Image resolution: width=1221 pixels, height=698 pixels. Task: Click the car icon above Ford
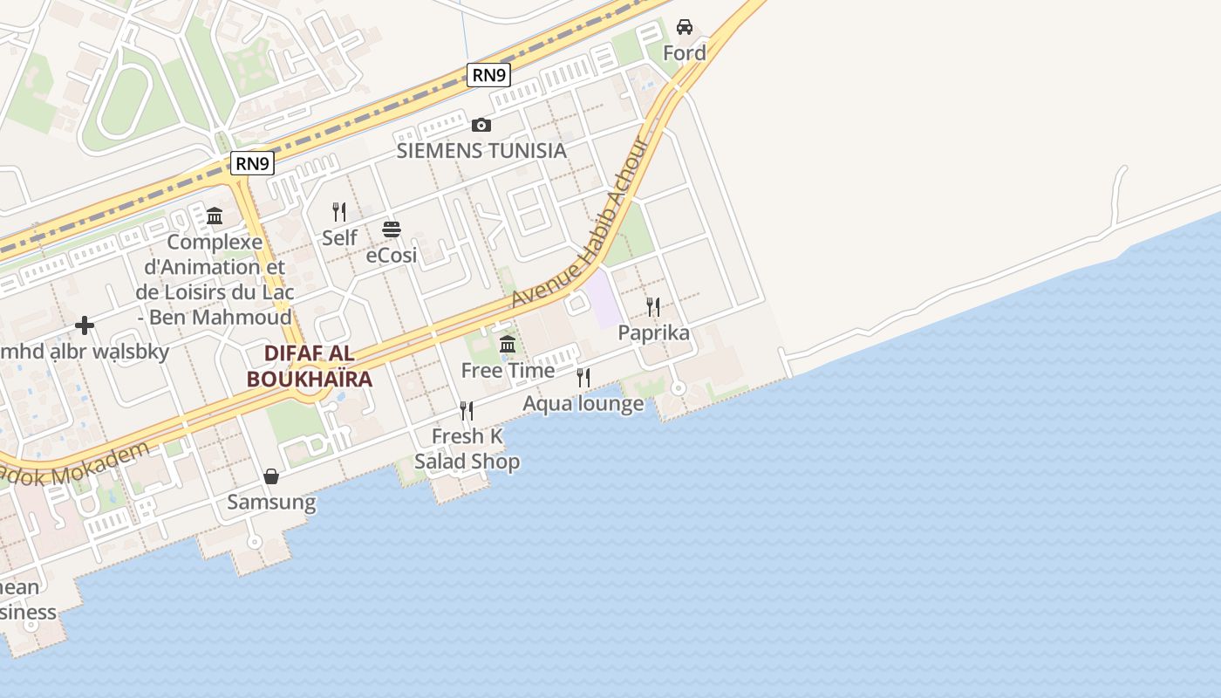(x=685, y=27)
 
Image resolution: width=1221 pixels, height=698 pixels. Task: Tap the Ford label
(x=685, y=53)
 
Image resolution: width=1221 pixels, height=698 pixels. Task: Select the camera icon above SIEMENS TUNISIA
(x=481, y=126)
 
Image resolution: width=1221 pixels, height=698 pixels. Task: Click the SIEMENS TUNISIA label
(x=481, y=150)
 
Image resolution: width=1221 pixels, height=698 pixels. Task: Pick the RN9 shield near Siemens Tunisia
(x=488, y=75)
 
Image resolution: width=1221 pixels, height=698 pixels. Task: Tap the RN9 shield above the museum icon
(x=253, y=163)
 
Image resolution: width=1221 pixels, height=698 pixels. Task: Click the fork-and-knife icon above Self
(x=339, y=211)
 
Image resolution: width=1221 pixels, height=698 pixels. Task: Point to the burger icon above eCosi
(x=391, y=229)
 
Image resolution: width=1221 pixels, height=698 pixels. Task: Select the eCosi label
(x=392, y=256)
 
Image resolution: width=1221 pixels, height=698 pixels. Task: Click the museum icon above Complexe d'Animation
(x=215, y=216)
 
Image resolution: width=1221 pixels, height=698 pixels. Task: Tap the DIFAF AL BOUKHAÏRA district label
(x=310, y=366)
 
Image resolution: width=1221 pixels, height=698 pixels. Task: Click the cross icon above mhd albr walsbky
(x=85, y=325)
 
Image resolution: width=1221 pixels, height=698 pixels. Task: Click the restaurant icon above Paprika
(x=653, y=307)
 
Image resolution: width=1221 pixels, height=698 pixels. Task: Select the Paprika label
(x=653, y=332)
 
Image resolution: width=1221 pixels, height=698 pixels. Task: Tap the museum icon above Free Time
(x=508, y=345)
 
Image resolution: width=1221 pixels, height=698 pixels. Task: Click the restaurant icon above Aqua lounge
(x=583, y=378)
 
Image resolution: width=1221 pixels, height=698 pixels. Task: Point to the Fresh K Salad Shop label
(x=467, y=448)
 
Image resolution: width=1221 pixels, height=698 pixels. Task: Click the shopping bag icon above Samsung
(x=271, y=476)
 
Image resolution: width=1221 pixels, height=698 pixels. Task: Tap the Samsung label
(x=271, y=503)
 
